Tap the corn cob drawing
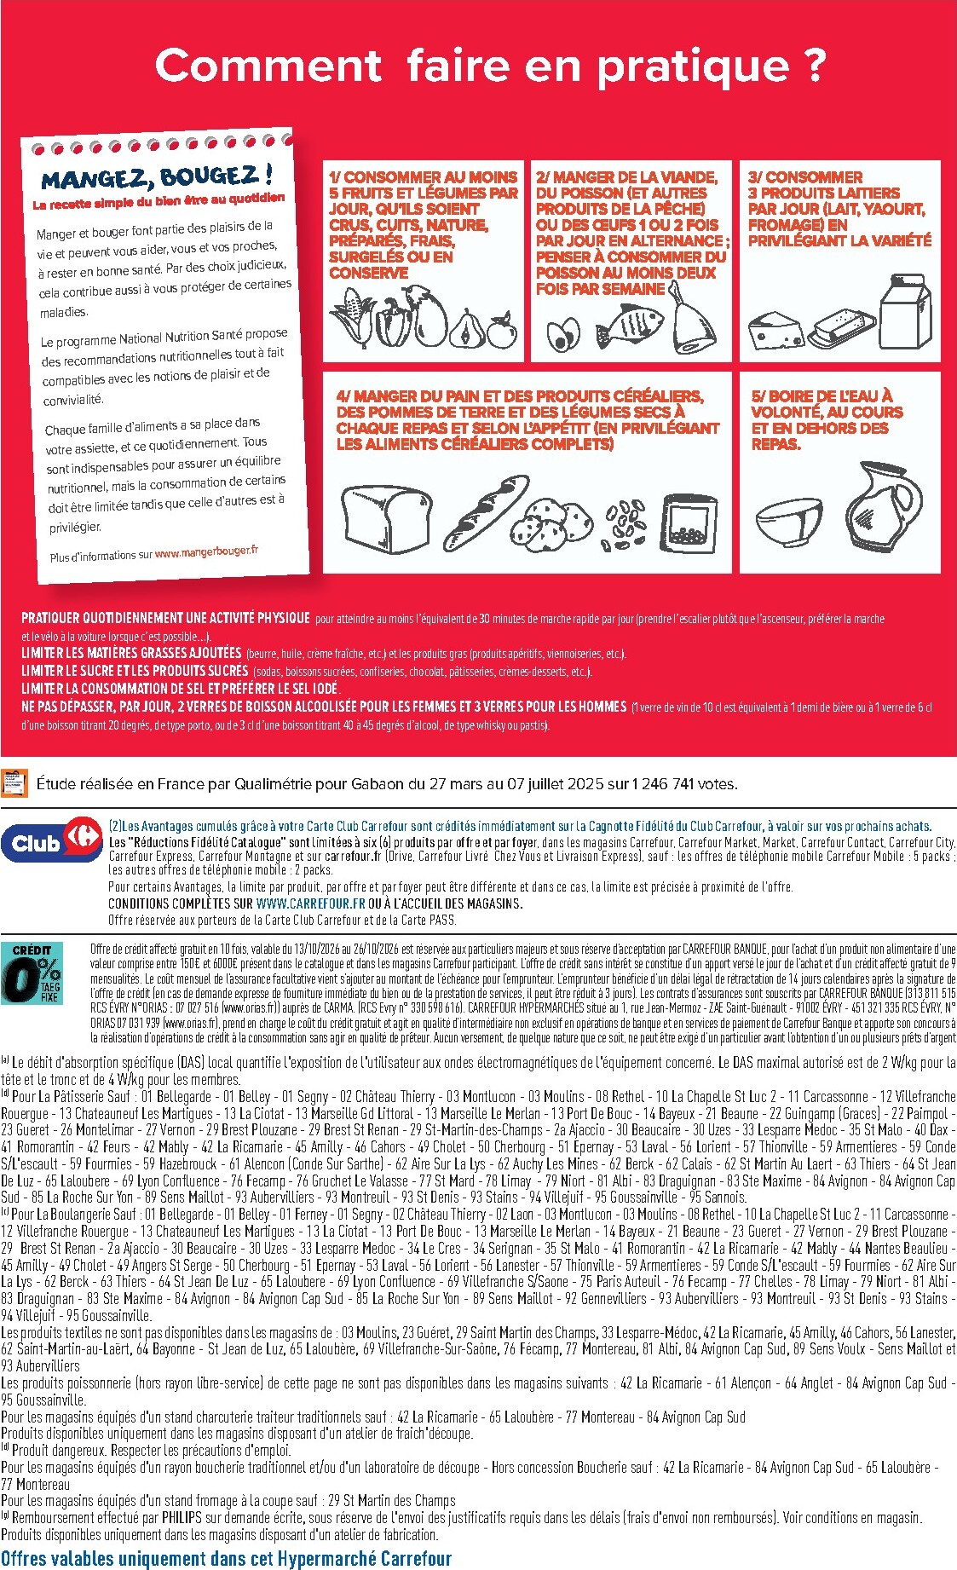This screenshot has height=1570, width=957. click(x=349, y=318)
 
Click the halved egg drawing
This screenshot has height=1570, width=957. click(x=563, y=334)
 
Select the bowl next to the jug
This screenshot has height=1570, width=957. click(x=789, y=522)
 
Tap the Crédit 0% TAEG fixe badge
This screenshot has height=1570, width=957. click(x=32, y=973)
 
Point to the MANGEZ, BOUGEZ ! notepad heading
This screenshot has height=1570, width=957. click(x=158, y=177)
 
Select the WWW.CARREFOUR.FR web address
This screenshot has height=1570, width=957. click(x=308, y=903)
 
